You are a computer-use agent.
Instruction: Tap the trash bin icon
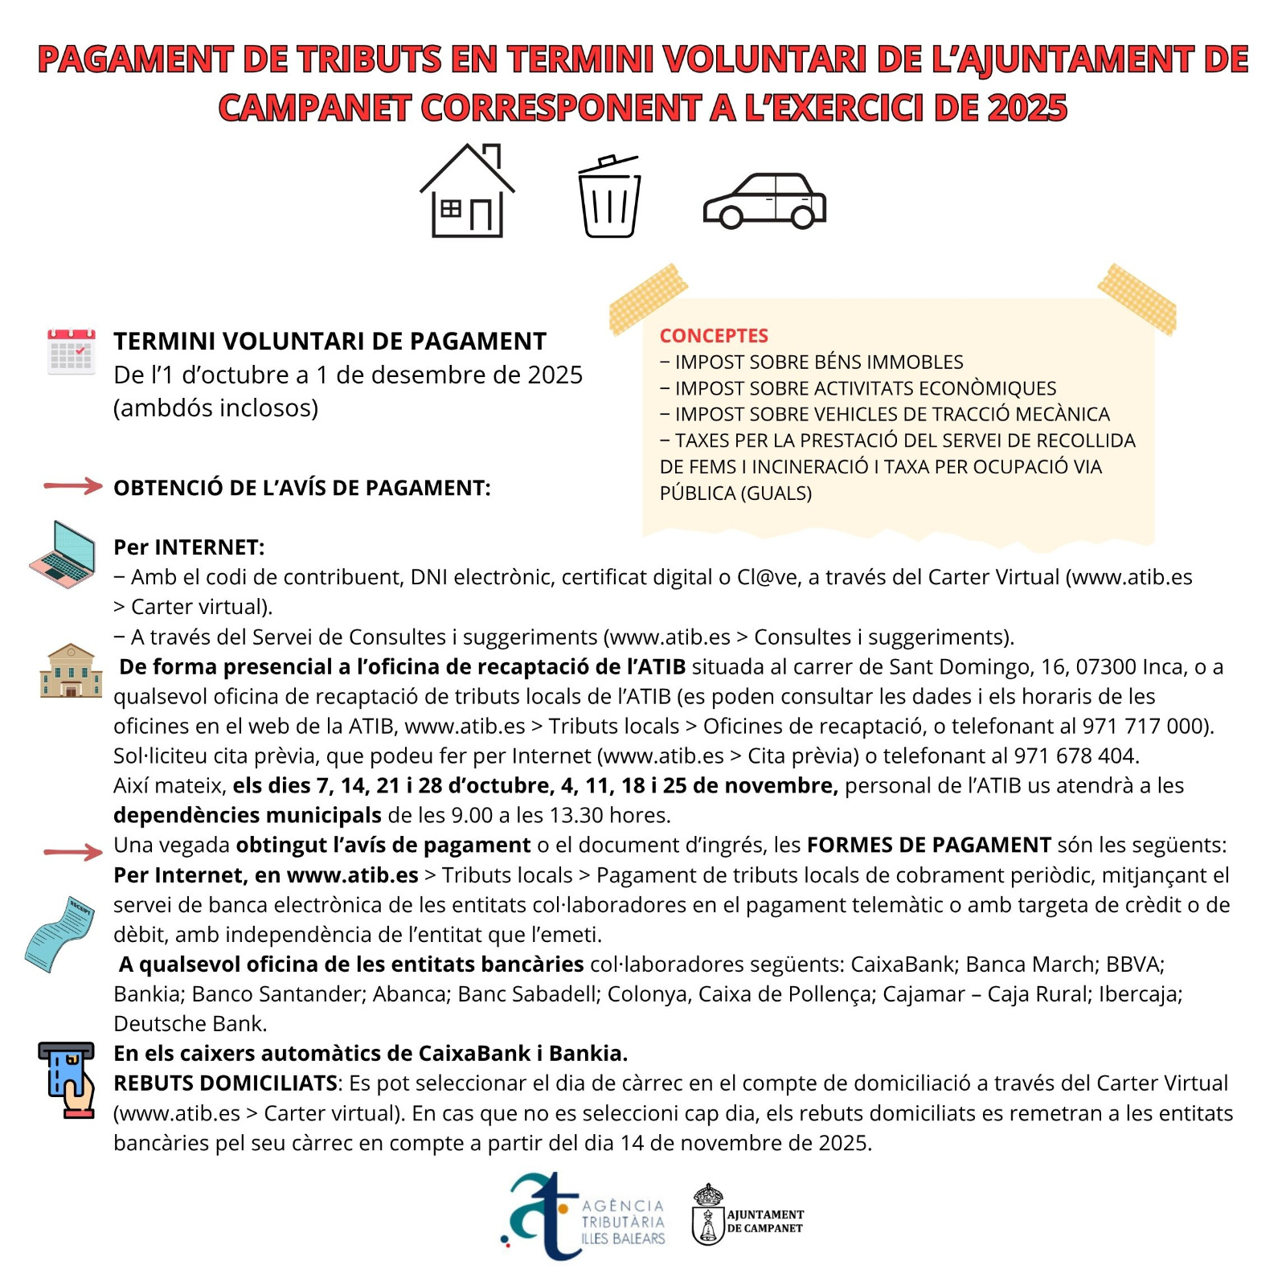[609, 197]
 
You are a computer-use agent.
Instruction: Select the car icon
[764, 201]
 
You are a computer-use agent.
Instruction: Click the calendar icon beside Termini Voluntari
[72, 351]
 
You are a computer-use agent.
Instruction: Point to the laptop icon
[63, 554]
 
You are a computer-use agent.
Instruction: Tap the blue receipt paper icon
[59, 933]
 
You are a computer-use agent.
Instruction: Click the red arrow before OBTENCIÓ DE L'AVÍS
[73, 485]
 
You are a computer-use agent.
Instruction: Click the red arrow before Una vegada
[73, 852]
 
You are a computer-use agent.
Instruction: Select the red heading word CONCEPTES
[714, 336]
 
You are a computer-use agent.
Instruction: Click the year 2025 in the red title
[1027, 109]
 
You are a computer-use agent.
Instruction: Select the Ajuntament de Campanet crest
[708, 1215]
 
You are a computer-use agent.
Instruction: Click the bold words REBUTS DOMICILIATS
[226, 1083]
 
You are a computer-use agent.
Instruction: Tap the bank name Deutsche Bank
[190, 1024]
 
